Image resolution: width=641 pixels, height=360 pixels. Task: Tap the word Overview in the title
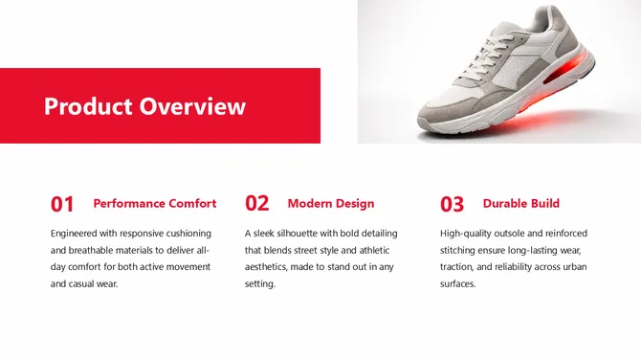192,106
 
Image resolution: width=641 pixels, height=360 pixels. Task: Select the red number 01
62,204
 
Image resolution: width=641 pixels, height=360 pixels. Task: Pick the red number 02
257,204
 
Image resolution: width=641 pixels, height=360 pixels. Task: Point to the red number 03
453,204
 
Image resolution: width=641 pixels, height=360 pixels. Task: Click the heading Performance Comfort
155,203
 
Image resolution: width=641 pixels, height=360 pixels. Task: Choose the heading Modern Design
331,203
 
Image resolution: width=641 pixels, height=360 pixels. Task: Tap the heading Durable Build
521,203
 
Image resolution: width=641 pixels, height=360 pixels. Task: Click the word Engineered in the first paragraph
77,233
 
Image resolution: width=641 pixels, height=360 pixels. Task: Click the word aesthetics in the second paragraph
270,267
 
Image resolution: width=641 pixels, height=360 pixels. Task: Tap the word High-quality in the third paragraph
466,233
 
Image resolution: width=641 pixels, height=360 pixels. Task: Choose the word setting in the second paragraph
259,284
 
